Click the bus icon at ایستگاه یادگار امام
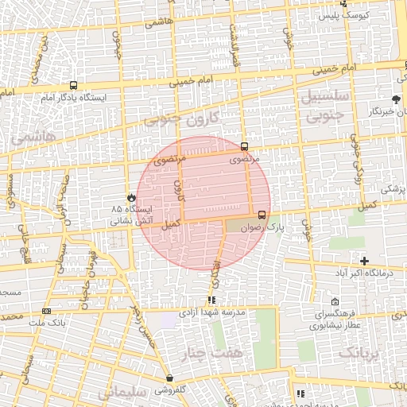click(74, 86)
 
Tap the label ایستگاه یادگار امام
click(73, 98)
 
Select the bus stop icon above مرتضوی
click(244, 146)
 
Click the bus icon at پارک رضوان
click(262, 214)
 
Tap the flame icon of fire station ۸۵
click(130, 196)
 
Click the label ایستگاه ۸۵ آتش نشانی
click(131, 214)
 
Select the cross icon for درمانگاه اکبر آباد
click(365, 261)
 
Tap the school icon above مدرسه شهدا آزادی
click(211, 300)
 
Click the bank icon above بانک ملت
click(47, 311)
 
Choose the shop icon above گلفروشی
click(169, 378)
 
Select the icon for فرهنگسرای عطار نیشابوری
click(335, 302)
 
